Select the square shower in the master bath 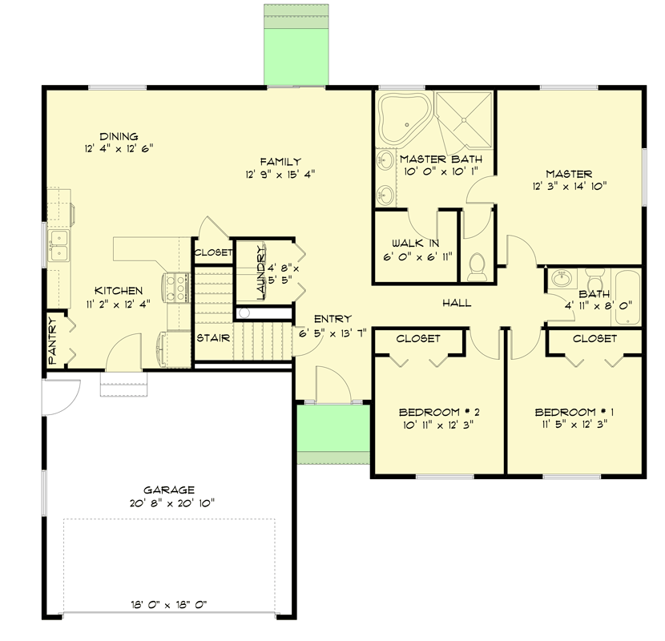(x=463, y=118)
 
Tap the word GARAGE (x=169, y=490)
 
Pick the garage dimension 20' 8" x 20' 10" (x=169, y=502)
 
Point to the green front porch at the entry (x=332, y=433)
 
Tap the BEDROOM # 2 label (x=439, y=412)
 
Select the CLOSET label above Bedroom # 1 (x=594, y=339)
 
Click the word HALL (x=456, y=304)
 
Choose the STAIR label (x=214, y=338)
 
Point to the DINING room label (x=119, y=136)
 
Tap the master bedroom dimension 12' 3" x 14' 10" (x=569, y=186)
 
